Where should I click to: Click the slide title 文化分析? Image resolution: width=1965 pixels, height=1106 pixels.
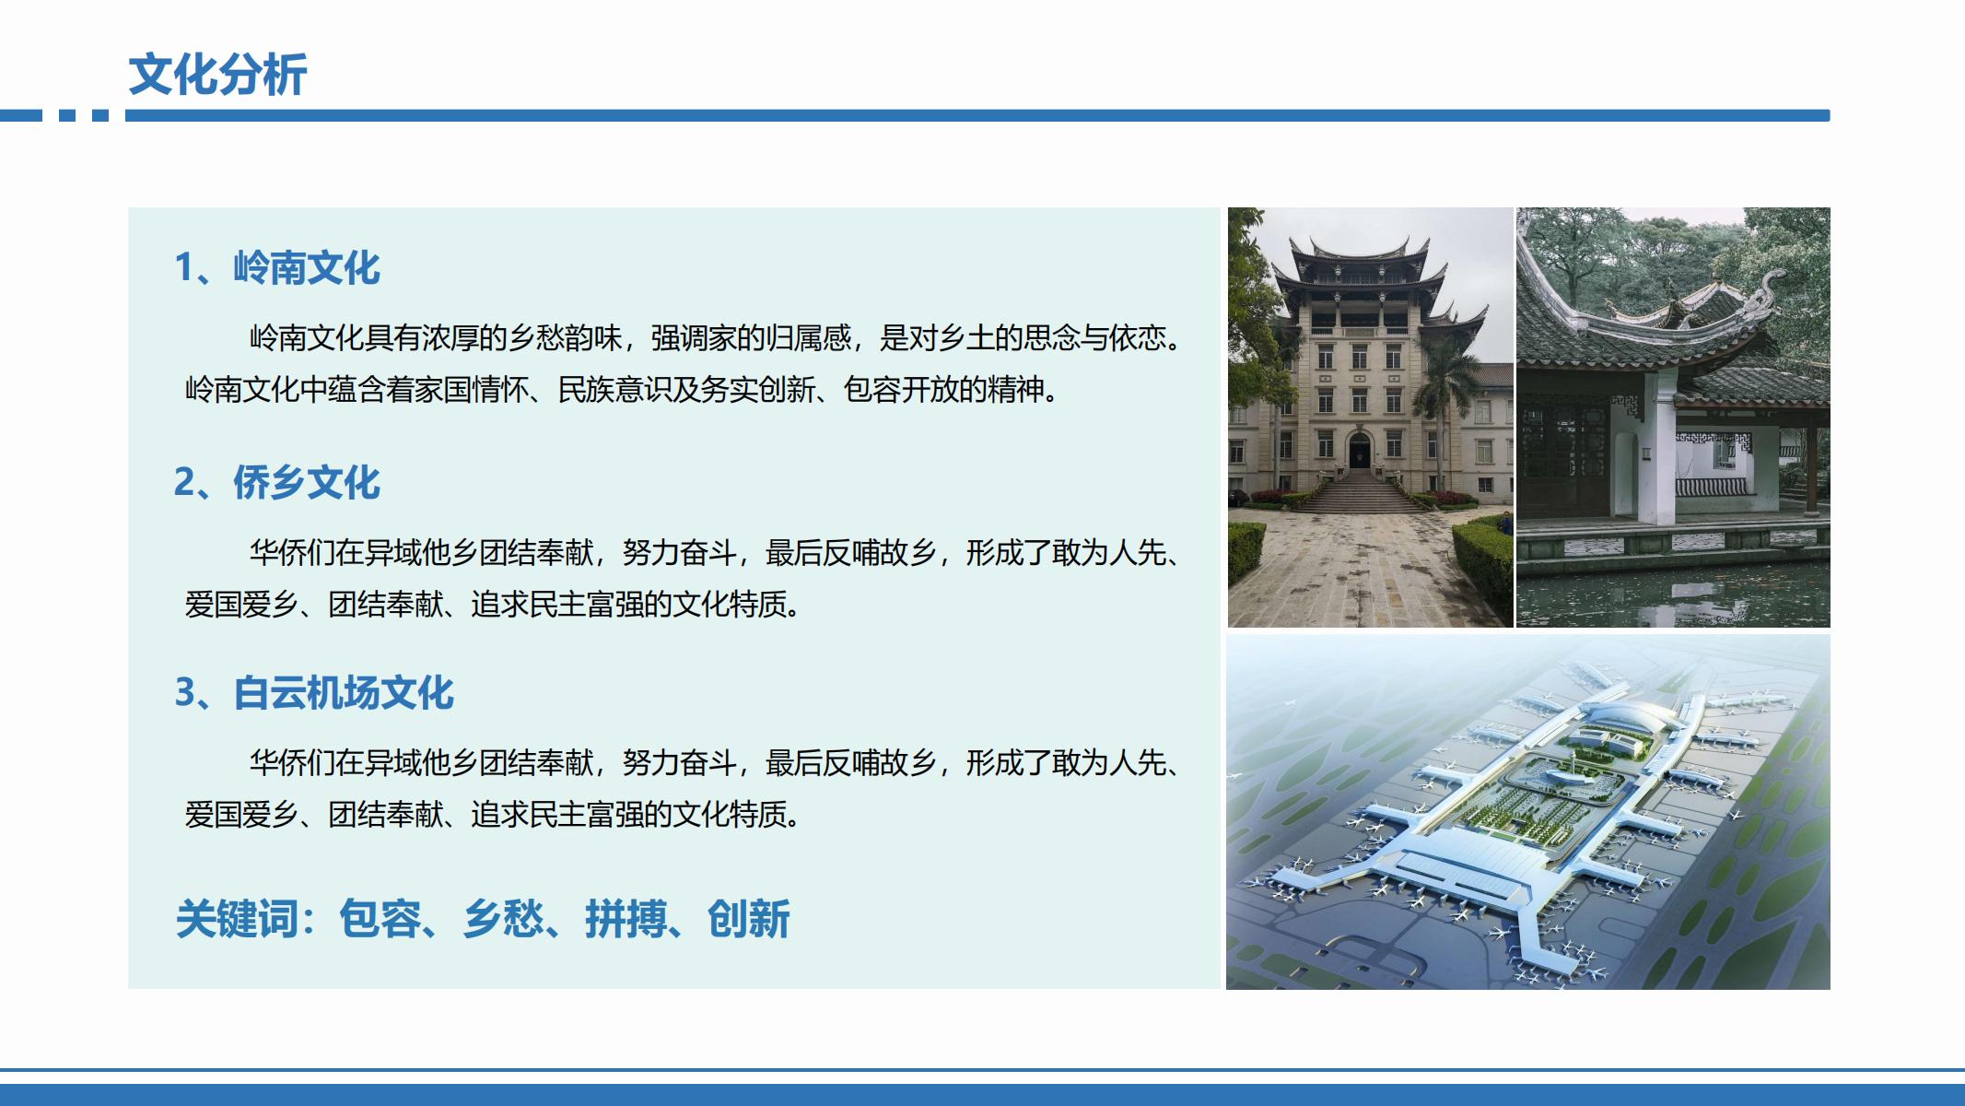(x=217, y=75)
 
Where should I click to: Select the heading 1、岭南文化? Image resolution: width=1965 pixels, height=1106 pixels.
(x=277, y=268)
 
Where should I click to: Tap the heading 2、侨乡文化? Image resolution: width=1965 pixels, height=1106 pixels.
(x=277, y=482)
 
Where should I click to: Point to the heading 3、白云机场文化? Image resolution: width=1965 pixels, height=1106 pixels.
(x=314, y=693)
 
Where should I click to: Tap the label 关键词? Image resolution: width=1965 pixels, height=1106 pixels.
(x=237, y=919)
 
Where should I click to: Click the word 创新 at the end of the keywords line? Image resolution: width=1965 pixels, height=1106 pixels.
(x=748, y=919)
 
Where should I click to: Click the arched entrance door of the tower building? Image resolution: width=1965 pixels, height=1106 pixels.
(x=1360, y=452)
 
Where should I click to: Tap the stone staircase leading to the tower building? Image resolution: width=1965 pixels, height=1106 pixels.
(x=1361, y=491)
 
